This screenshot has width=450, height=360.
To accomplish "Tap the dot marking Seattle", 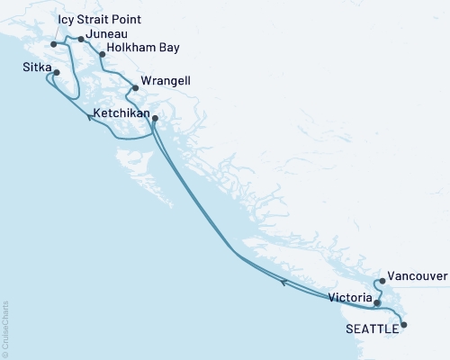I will pyautogui.click(x=402, y=324).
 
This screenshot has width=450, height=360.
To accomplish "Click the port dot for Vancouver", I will pyautogui.click(x=382, y=281).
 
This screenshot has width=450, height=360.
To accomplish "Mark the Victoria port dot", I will pyautogui.click(x=378, y=303).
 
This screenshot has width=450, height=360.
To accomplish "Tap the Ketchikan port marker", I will pyautogui.click(x=155, y=119).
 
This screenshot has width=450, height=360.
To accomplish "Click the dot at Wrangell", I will pyautogui.click(x=135, y=88).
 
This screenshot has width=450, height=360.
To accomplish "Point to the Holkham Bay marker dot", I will pyautogui.click(x=102, y=54).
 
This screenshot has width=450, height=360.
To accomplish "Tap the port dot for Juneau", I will pyautogui.click(x=82, y=39).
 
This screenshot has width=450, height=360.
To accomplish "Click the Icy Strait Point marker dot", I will pyautogui.click(x=55, y=43).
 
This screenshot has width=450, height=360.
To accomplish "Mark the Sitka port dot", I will pyautogui.click(x=57, y=73).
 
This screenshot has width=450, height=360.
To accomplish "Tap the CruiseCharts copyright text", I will pyautogui.click(x=5, y=328).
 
